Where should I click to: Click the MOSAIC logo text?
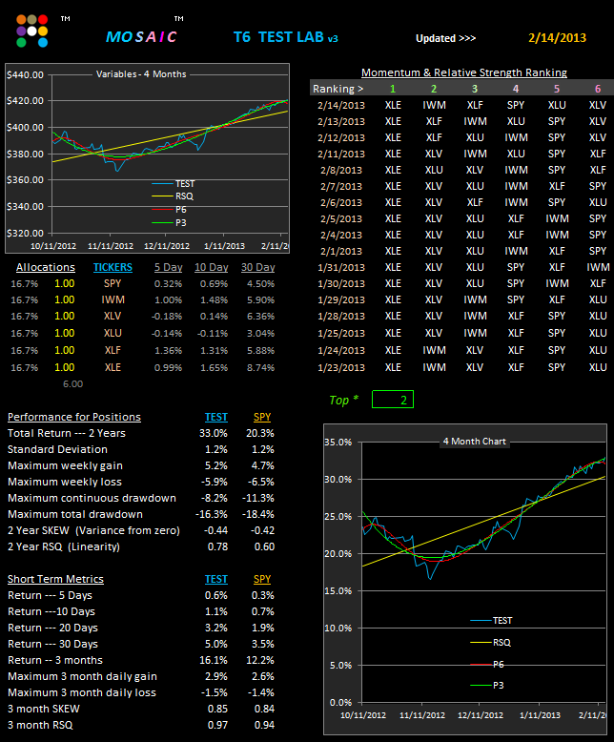[141, 37]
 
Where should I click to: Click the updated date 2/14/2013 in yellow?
[557, 38]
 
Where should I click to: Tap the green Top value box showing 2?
[393, 400]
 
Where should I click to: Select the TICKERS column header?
[113, 267]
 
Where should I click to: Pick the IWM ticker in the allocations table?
[113, 299]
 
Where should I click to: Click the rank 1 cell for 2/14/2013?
[393, 105]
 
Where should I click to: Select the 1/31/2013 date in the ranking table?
[341, 267]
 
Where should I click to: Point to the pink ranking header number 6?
[598, 89]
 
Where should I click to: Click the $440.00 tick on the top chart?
[25, 74]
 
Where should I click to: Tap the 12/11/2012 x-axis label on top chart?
[167, 246]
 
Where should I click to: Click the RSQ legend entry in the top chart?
[173, 196]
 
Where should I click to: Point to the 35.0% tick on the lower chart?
[338, 443]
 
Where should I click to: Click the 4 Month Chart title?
[475, 442]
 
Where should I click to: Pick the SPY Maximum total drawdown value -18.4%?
[258, 514]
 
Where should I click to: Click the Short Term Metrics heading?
[55, 579]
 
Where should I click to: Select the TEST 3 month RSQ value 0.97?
[217, 725]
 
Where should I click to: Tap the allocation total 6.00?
[72, 384]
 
